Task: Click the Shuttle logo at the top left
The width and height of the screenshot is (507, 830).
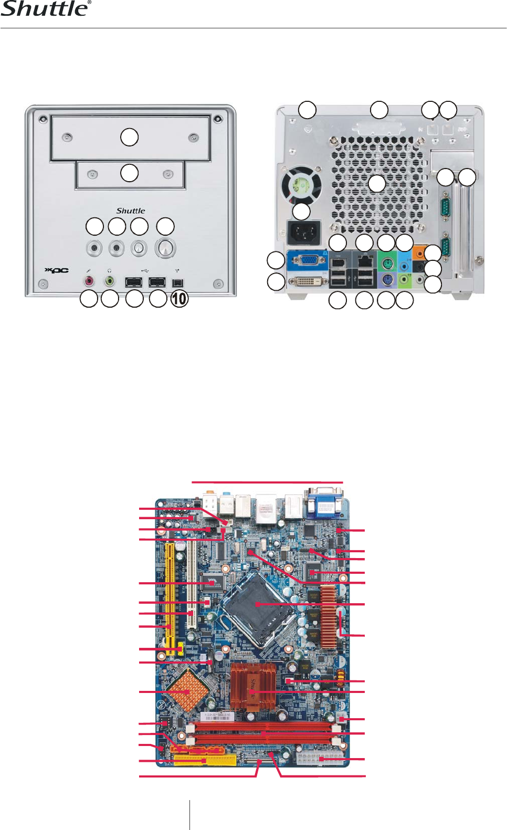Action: point(46,9)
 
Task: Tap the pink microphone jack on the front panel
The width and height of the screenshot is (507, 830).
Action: point(89,281)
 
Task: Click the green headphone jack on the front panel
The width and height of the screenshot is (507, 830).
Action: point(110,281)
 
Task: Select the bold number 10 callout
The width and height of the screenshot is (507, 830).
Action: point(179,299)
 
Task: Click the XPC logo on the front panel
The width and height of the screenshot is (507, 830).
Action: point(56,270)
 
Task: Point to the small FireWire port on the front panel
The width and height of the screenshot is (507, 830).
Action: point(177,282)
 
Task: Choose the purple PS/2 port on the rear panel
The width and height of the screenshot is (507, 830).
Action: point(387,279)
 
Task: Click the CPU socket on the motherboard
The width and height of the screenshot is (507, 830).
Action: point(257,605)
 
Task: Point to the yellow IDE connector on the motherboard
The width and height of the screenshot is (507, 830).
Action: point(205,761)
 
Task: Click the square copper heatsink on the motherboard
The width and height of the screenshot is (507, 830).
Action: point(187,691)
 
